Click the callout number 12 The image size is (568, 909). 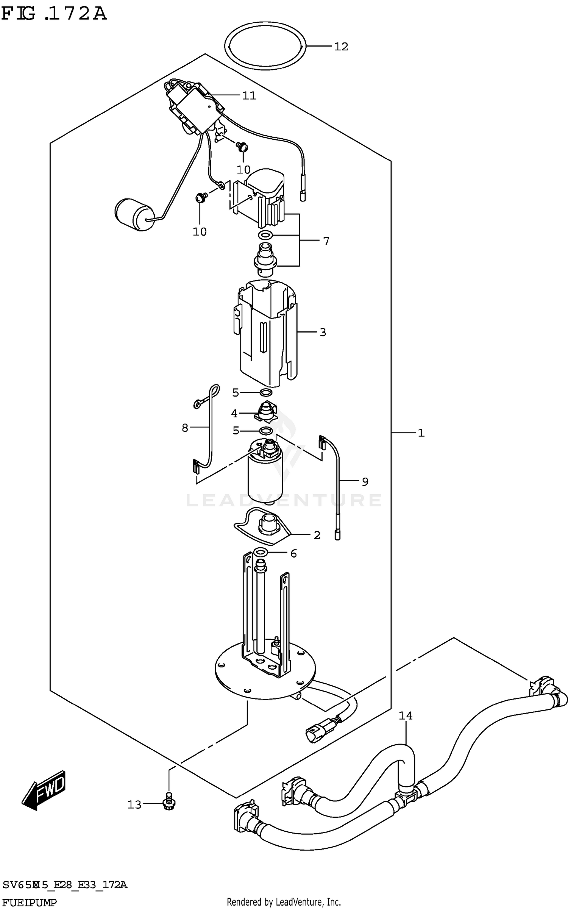(x=341, y=47)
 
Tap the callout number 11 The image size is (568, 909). (x=249, y=95)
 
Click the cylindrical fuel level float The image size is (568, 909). (x=134, y=215)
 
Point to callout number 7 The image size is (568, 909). (x=326, y=241)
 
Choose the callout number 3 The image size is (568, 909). (x=323, y=332)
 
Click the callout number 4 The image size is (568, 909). (x=234, y=414)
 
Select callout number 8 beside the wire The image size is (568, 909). (x=185, y=428)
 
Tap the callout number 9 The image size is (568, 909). (x=365, y=482)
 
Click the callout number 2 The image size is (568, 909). (x=317, y=535)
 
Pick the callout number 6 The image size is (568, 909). (x=293, y=554)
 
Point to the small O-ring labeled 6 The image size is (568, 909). (x=261, y=552)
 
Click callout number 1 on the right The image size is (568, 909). (x=421, y=433)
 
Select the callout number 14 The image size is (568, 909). (x=405, y=716)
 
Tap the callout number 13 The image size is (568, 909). (x=134, y=804)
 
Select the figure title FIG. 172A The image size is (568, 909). (x=54, y=14)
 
